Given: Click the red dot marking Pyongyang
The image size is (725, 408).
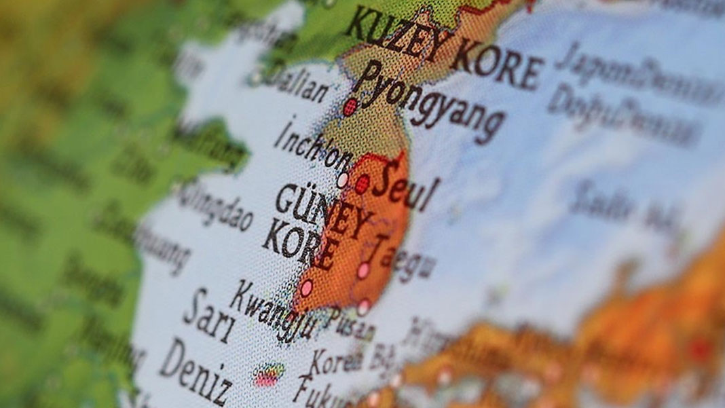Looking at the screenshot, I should click(x=350, y=107).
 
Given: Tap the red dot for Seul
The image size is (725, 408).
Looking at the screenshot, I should click(x=362, y=183).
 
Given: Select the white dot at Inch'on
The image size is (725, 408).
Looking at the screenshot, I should click(x=343, y=180).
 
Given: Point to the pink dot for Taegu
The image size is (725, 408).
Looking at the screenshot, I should click(x=364, y=270).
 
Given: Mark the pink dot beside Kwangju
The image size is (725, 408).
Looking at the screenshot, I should click(x=306, y=288).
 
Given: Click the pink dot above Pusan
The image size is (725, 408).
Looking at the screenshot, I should click(x=364, y=307).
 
